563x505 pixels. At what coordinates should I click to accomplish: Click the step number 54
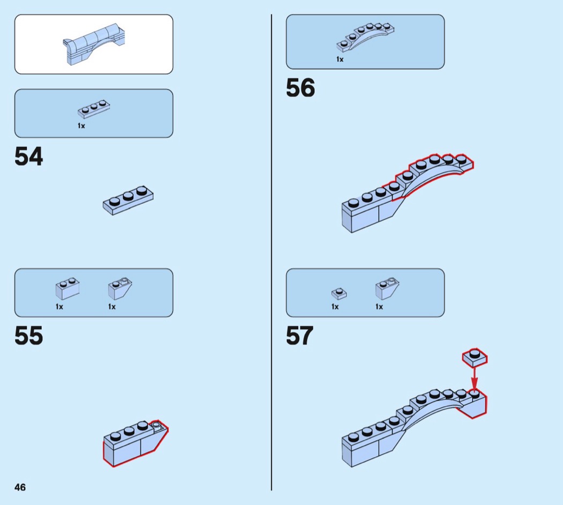[29, 157]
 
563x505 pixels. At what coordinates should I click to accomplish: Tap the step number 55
[29, 336]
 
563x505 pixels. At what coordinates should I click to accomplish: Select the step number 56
[300, 88]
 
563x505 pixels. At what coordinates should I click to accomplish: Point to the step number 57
[300, 336]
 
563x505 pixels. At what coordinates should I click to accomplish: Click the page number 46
[20, 487]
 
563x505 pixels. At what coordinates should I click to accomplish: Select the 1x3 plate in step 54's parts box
[94, 109]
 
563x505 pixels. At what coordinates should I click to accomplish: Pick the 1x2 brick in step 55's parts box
[68, 288]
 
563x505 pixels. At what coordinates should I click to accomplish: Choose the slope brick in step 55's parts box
[120, 288]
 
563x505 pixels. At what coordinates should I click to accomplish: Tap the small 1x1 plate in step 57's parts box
[339, 293]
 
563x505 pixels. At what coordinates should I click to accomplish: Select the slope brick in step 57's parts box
[387, 288]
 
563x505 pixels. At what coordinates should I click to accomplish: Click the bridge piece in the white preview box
[95, 44]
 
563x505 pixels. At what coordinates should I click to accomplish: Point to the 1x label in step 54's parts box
[82, 126]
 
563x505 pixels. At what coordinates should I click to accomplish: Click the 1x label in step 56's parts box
[340, 60]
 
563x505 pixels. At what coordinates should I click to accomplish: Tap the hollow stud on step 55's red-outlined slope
[157, 426]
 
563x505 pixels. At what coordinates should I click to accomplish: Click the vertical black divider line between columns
[271, 252]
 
